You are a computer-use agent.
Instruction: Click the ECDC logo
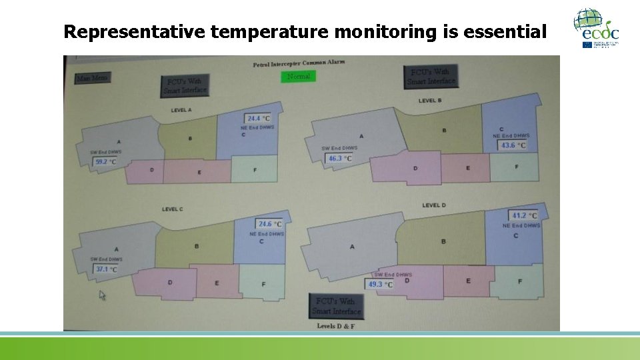[x=597, y=28]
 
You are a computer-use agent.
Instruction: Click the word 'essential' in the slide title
[x=505, y=31]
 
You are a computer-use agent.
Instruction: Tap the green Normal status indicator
[x=298, y=77]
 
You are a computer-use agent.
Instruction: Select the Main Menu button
[x=92, y=78]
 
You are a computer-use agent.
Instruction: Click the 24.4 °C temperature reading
[x=258, y=119]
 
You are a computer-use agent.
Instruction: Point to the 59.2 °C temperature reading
[x=105, y=161]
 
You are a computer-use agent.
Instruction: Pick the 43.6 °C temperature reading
[x=513, y=145]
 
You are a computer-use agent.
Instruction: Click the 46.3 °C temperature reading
[x=340, y=159]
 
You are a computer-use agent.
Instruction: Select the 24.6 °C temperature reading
[x=269, y=225]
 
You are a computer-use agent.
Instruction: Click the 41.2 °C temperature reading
[x=524, y=215]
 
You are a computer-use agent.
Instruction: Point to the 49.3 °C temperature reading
[x=380, y=284]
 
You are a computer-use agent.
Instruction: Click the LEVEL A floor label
[x=181, y=110]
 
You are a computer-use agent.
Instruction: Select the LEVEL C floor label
[x=172, y=209]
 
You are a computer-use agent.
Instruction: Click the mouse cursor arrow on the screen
[x=103, y=295]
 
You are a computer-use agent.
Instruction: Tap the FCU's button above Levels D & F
[x=336, y=306]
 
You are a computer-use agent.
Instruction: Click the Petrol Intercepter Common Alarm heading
[x=299, y=64]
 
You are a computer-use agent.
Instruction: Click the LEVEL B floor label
[x=429, y=101]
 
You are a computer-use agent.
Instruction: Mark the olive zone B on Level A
[x=190, y=138]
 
